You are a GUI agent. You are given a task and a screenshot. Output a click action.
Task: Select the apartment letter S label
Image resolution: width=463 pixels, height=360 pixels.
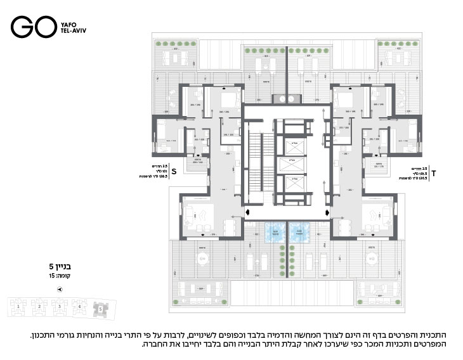(x=174, y=171)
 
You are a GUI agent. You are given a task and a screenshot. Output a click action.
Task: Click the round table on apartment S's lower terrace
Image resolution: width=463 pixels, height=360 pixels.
(x=203, y=258)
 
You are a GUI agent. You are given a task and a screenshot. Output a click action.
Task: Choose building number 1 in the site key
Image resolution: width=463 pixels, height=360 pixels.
(x=19, y=306)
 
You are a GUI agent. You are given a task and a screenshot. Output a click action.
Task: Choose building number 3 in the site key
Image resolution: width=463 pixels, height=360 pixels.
(x=60, y=306)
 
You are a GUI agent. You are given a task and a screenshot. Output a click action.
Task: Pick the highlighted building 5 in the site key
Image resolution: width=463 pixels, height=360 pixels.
(x=100, y=308)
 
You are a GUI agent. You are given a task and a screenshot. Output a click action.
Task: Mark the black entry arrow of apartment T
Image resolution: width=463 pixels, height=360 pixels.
(x=327, y=212)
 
